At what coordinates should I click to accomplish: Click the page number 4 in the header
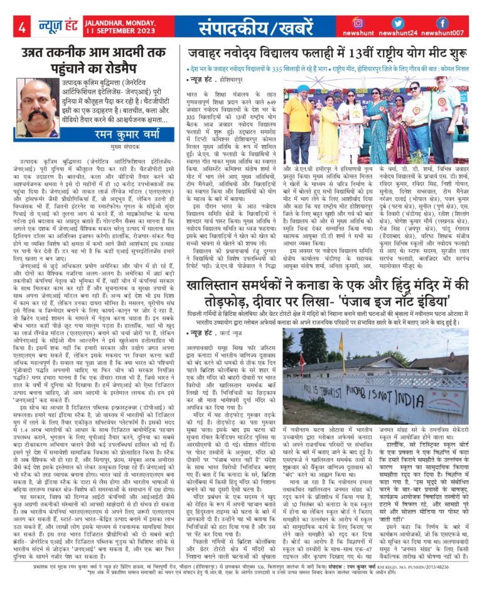point(21,27)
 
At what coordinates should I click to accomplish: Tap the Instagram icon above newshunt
point(358,23)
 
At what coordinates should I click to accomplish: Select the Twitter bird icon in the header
point(405,23)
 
